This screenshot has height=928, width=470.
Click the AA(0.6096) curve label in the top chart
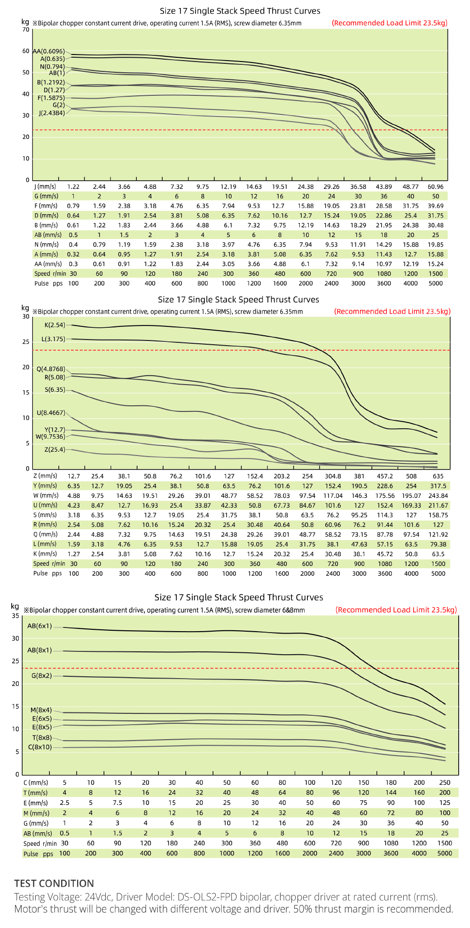[49, 51]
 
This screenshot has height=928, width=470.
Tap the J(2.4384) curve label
[52, 113]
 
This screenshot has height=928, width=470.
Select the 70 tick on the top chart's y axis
[25, 30]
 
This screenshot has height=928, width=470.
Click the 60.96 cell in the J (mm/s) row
[435, 186]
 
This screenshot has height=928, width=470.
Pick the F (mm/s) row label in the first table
[46, 206]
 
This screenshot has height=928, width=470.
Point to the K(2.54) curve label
[55, 325]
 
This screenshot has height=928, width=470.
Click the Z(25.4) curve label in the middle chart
[55, 449]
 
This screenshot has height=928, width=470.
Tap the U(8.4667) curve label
[51, 413]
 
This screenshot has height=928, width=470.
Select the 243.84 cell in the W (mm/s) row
[438, 495]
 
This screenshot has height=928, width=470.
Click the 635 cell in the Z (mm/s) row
[438, 476]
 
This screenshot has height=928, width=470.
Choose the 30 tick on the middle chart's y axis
[25, 317]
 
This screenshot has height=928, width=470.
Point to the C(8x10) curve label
[40, 747]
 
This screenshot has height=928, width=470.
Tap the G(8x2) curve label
[41, 675]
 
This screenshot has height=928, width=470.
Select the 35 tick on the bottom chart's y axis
[16, 616]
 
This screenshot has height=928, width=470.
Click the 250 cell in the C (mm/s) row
[445, 782]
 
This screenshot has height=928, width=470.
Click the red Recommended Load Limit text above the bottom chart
[396, 610]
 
